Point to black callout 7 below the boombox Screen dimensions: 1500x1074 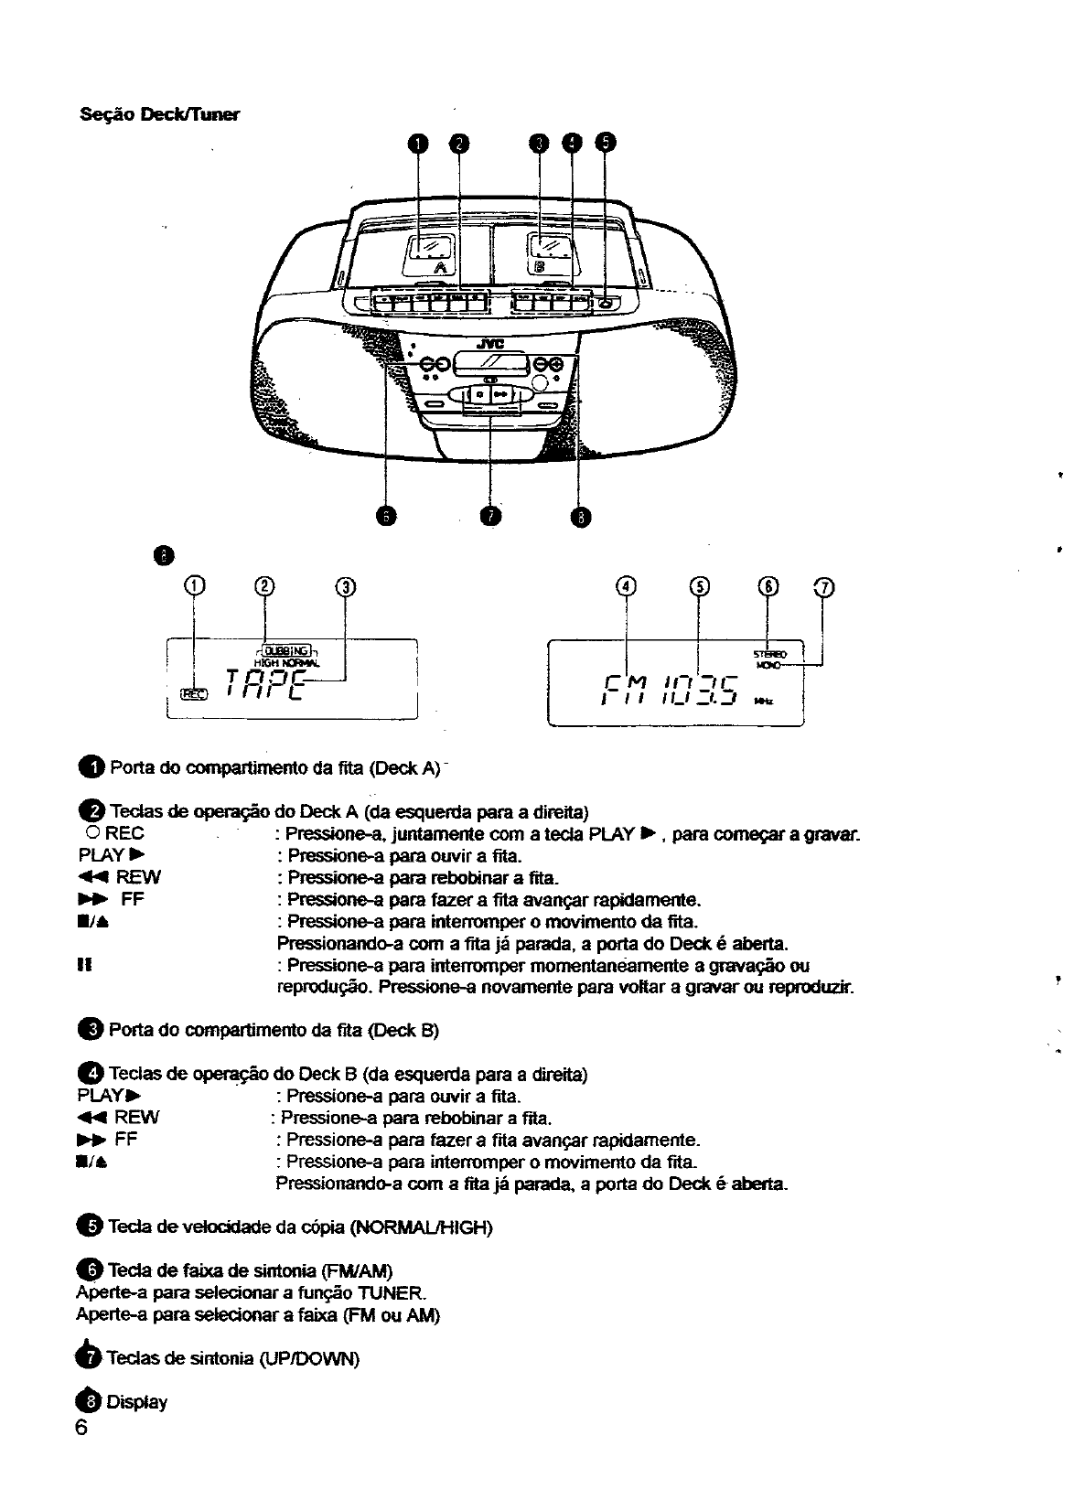[x=491, y=517]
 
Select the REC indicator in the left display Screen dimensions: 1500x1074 [x=194, y=693]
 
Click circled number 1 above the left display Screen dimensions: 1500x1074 [x=194, y=586]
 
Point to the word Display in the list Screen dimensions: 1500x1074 [x=137, y=1402]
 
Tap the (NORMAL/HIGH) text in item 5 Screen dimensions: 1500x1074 [x=421, y=1227]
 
